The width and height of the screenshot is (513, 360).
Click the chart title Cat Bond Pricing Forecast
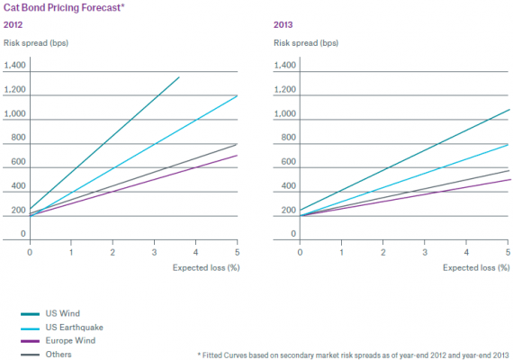click(64, 8)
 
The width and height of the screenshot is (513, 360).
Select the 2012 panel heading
click(13, 25)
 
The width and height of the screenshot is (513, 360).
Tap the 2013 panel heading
click(283, 25)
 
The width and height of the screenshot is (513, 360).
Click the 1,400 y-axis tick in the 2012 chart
click(14, 65)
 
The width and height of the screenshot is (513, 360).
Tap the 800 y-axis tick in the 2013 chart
click(289, 138)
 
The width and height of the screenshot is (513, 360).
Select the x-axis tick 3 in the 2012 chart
click(154, 252)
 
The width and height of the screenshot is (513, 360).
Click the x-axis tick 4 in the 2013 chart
click(466, 252)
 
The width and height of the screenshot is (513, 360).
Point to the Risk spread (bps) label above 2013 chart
click(306, 43)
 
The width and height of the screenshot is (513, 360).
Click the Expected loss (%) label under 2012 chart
click(206, 267)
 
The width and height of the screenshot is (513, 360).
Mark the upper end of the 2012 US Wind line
click(179, 77)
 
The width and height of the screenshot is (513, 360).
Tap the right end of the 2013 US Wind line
click(509, 110)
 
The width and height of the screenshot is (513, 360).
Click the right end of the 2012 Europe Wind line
click(238, 155)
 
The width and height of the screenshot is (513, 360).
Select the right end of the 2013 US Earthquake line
click(508, 144)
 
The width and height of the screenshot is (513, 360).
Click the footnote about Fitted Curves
click(354, 355)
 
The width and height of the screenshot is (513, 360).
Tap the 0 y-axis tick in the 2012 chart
click(22, 234)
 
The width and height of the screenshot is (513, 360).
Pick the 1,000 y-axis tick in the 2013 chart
click(285, 113)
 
